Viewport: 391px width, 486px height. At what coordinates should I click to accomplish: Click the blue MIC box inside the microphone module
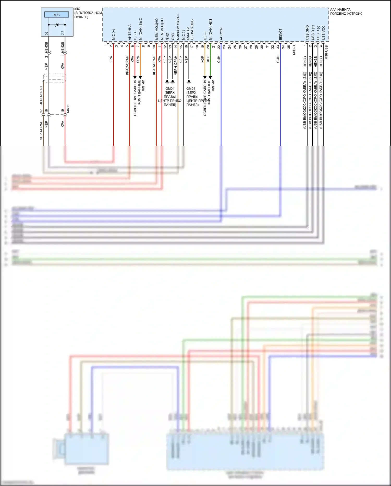[57, 15]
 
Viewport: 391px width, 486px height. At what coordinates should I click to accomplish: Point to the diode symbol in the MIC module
[57, 25]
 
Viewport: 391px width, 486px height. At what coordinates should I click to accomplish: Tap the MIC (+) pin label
[114, 34]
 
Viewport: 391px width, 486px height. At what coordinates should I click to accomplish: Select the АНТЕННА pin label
[130, 32]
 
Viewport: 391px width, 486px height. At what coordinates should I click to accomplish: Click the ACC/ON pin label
[221, 34]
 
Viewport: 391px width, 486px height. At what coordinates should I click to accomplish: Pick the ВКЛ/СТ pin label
[280, 34]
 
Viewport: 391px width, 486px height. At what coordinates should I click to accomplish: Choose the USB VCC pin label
[323, 33]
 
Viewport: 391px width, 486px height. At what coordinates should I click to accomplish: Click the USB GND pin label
[307, 33]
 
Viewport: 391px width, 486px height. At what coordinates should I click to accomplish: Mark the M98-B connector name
[294, 50]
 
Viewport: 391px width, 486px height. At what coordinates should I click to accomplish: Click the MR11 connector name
[68, 109]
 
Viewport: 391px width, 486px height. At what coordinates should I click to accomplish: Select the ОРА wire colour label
[138, 59]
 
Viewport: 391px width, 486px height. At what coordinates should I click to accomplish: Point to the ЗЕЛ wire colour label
[208, 59]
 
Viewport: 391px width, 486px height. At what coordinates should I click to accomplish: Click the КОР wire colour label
[203, 59]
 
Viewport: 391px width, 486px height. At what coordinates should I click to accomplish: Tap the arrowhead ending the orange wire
[140, 77]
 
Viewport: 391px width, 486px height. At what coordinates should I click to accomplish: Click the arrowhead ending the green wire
[210, 77]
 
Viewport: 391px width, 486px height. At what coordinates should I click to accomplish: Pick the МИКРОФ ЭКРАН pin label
[178, 27]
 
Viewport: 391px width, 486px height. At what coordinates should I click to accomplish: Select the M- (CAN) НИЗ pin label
[211, 29]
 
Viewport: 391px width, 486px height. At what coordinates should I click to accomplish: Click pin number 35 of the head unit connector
[289, 47]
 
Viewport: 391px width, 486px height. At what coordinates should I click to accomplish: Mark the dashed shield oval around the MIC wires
[54, 78]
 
